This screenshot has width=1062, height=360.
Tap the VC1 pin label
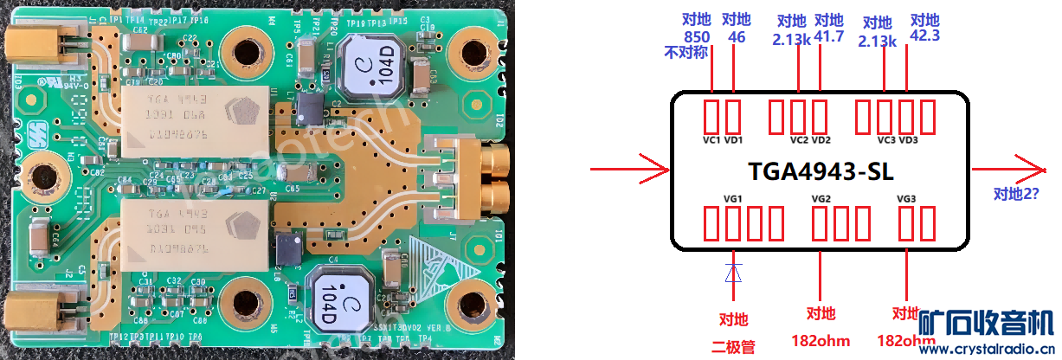click(x=712, y=139)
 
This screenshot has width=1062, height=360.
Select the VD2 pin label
click(x=821, y=139)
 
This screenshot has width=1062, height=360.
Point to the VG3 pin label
click(x=906, y=199)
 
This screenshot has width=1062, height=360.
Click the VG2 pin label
click(x=821, y=199)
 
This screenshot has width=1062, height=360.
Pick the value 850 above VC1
click(x=697, y=37)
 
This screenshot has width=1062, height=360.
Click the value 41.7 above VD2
click(x=829, y=37)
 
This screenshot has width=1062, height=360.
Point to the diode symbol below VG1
click(x=733, y=272)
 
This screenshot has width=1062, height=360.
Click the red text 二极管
click(x=733, y=346)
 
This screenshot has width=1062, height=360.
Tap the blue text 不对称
click(x=686, y=53)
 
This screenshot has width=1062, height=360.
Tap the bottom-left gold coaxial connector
click(x=35, y=309)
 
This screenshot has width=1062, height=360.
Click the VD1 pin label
click(x=734, y=139)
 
